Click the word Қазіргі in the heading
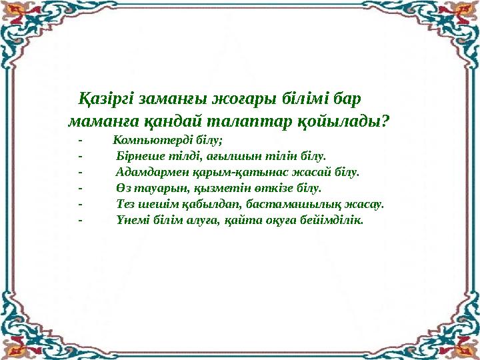coord(106,99)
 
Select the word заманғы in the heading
coord(173,99)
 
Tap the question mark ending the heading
coord(385,121)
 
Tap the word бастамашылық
coord(293,204)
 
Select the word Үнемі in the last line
coord(132,220)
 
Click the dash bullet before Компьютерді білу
coord(80,141)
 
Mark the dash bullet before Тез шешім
coord(80,204)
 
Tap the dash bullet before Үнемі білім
coord(80,220)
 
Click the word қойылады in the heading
coord(339,122)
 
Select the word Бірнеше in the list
coord(141,157)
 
